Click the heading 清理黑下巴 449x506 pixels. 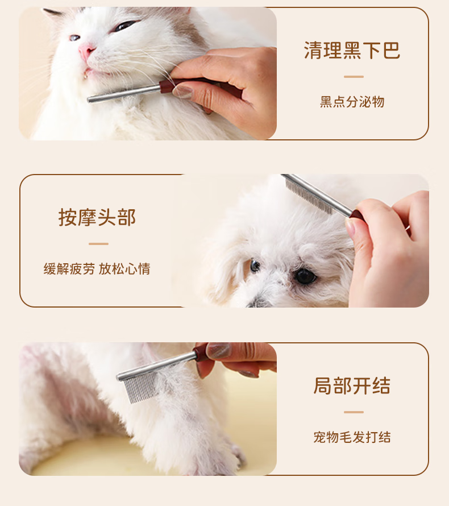tap(352, 51)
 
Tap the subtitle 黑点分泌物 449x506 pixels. tap(352, 102)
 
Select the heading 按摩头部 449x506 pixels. tap(97, 218)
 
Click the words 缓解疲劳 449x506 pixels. tap(69, 269)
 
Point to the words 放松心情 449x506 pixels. tap(124, 269)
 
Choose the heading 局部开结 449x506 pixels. tap(352, 385)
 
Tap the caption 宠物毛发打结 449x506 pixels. tap(352, 437)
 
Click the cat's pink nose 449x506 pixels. tap(86, 51)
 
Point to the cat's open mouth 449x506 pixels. tap(88, 73)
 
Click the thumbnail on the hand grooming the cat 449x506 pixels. tap(182, 92)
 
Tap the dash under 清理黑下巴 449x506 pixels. tap(354, 77)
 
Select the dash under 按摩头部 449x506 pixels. tap(98, 244)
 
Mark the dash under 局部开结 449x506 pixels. tap(354, 412)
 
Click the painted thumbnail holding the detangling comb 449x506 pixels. tap(219, 350)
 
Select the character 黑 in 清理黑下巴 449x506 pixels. tap(352, 51)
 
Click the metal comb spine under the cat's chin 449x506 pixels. tap(123, 94)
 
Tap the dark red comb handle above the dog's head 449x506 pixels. tap(357, 215)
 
